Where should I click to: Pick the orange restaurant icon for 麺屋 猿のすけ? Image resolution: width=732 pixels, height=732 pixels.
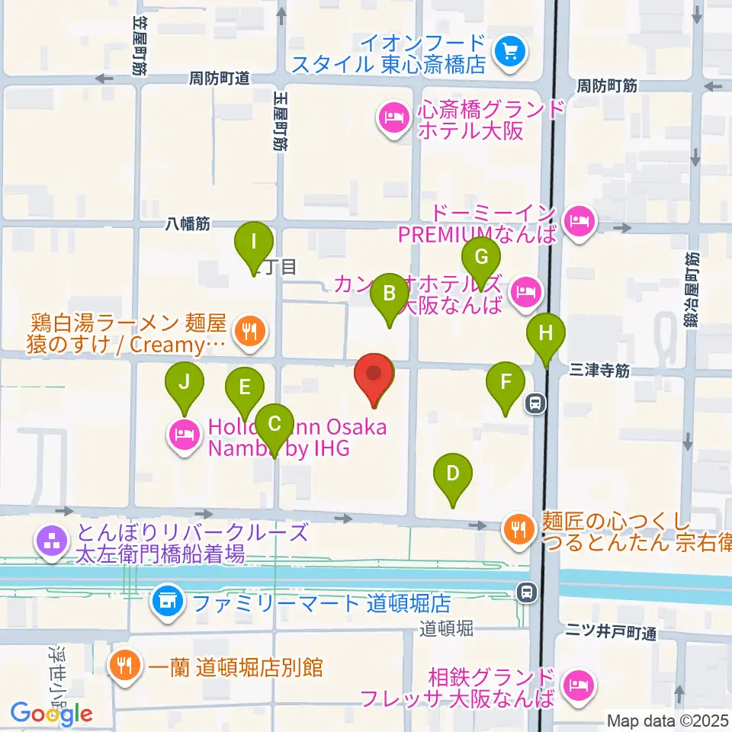pyautogui.click(x=249, y=332)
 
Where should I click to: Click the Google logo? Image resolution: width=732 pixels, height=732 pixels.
pyautogui.click(x=52, y=714)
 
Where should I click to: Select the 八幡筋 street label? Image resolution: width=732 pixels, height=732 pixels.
pyautogui.click(x=188, y=224)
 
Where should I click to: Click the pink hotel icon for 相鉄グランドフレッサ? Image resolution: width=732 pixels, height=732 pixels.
pyautogui.click(x=578, y=686)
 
